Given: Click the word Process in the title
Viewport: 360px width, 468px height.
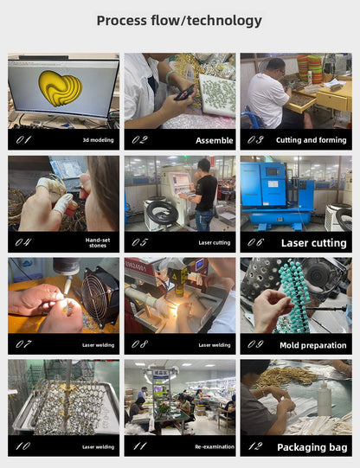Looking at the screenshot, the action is pyautogui.click(x=122, y=21).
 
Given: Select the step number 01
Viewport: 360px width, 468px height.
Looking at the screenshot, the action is pyautogui.click(x=23, y=139).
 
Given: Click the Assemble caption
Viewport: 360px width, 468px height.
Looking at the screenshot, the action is pyautogui.click(x=215, y=140).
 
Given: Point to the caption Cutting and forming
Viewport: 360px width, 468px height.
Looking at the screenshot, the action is pyautogui.click(x=311, y=140).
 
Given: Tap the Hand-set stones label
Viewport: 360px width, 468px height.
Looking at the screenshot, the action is pyautogui.click(x=98, y=243).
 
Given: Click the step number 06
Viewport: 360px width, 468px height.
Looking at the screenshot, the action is pyautogui.click(x=255, y=242).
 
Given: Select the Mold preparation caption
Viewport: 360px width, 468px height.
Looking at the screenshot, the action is pyautogui.click(x=312, y=345).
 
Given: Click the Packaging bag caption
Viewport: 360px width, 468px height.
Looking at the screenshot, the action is pyautogui.click(x=312, y=447).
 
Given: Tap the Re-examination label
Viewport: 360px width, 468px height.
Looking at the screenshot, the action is pyautogui.click(x=215, y=447).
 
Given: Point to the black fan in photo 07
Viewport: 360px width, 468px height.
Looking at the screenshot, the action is pyautogui.click(x=100, y=298).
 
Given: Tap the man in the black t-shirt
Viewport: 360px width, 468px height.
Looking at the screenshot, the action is pyautogui.click(x=204, y=195).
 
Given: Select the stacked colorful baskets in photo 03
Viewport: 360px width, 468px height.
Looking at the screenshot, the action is pyautogui.click(x=310, y=69).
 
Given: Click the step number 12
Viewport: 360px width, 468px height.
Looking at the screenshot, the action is pyautogui.click(x=255, y=446).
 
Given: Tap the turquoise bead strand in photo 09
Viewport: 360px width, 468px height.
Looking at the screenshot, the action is pyautogui.click(x=293, y=295).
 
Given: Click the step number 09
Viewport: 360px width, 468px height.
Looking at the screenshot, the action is pyautogui.click(x=255, y=344).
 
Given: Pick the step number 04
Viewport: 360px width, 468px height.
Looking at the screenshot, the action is pyautogui.click(x=23, y=242).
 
